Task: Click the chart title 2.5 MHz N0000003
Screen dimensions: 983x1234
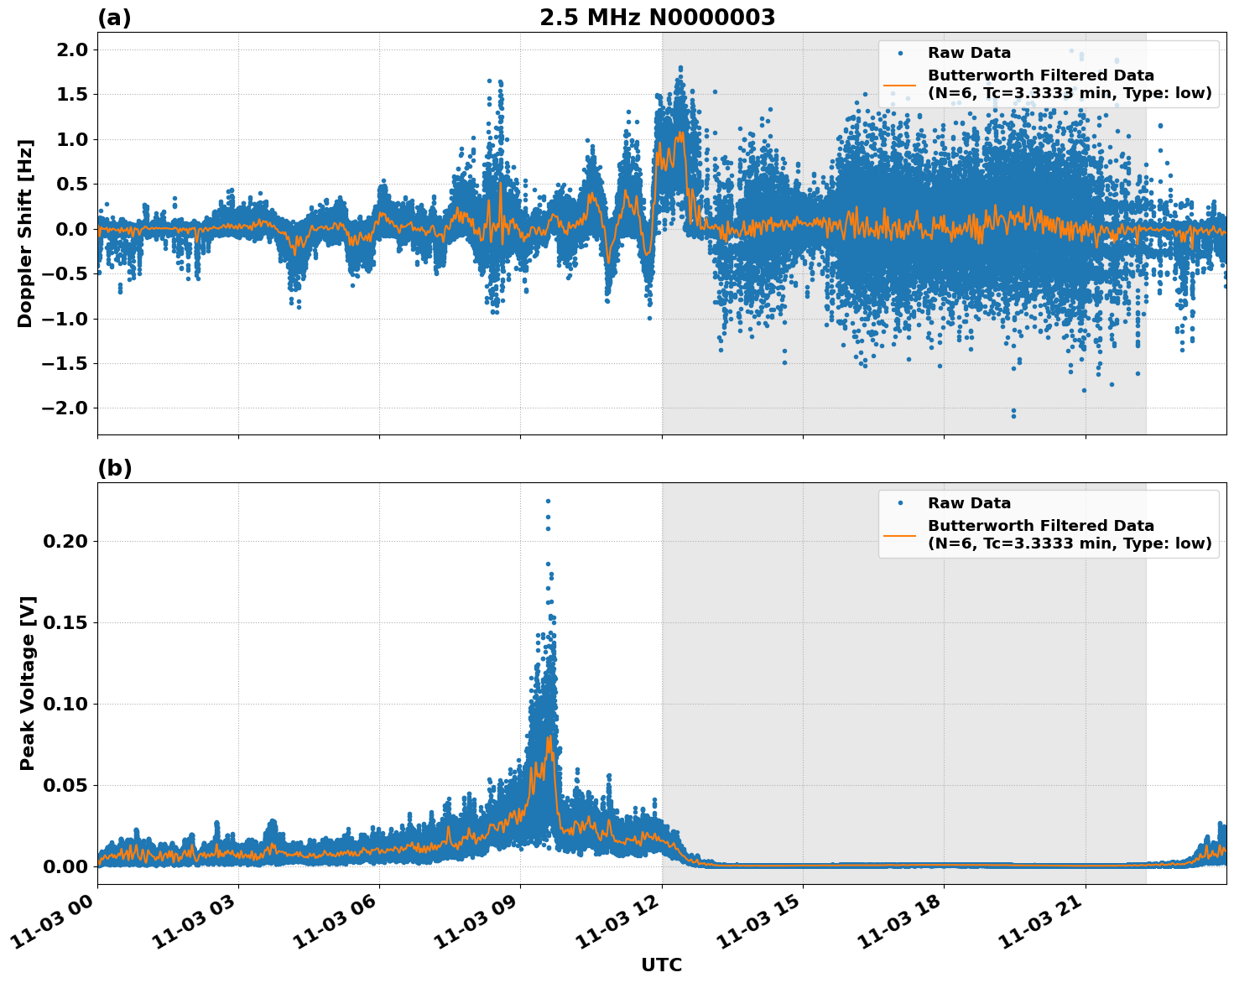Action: coord(657,18)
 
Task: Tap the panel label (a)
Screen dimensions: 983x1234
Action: coord(114,18)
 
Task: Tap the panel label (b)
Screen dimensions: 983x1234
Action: coord(114,468)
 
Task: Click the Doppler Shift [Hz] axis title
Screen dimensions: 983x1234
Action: coord(25,233)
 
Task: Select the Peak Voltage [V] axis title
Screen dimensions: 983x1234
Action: coord(28,683)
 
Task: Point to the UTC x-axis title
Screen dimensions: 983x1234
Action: coord(661,965)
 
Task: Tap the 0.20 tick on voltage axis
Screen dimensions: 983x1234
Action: coord(65,541)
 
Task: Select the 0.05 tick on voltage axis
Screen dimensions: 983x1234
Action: coord(65,785)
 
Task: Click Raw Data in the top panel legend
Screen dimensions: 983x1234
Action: coord(969,53)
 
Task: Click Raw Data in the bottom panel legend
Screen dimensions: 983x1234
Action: coord(969,503)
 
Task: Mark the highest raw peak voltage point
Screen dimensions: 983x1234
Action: coord(548,501)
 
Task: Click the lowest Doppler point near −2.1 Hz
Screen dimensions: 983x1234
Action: coord(1013,415)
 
